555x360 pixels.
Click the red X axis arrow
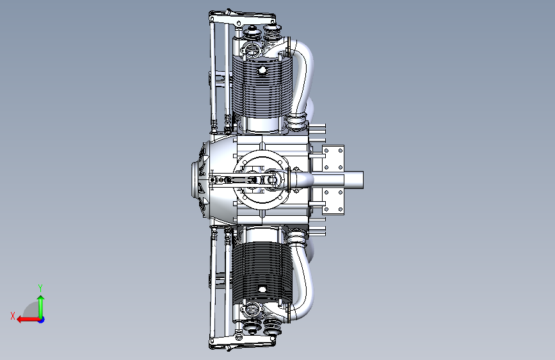coord(28,320)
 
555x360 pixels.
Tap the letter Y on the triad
coord(40,288)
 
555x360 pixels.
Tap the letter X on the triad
coord(13,316)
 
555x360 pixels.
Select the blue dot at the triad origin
coord(42,320)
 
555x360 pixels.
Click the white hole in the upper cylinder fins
coord(262,70)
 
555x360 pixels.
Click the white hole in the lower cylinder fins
coord(262,290)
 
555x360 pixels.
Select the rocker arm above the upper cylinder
coord(243,19)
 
